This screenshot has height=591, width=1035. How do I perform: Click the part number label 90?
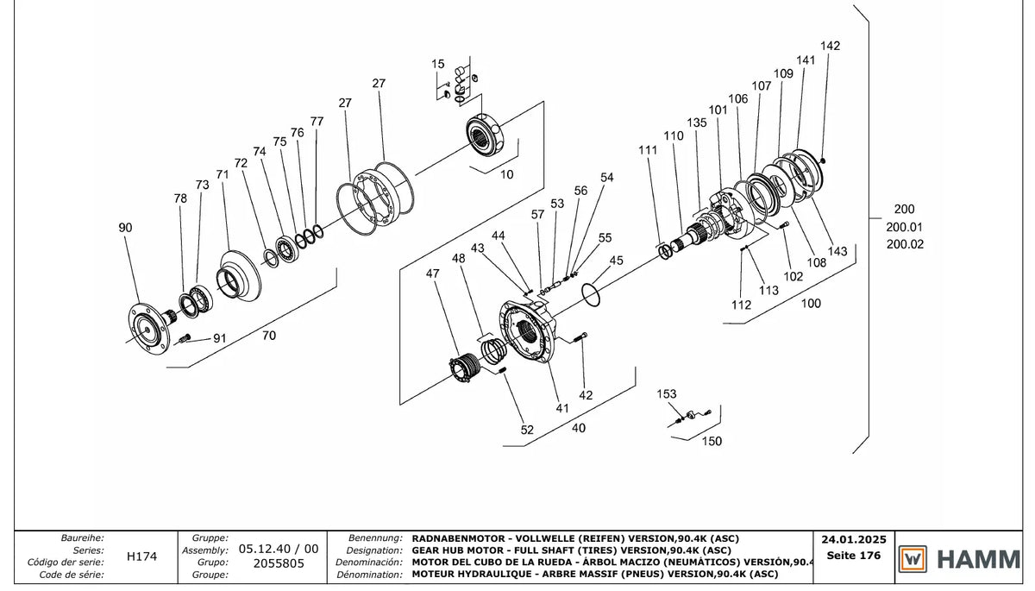[x=125, y=228]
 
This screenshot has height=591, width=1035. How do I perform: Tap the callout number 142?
[x=830, y=46]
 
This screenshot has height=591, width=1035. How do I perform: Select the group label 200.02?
[x=905, y=244]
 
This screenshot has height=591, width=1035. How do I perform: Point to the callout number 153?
[x=666, y=393]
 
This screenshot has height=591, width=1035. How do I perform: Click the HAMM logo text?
[x=979, y=559]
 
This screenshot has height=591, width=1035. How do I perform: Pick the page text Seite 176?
[x=854, y=555]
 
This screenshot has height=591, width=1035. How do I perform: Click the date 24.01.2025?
[x=854, y=540]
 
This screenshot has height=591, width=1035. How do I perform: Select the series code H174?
[x=141, y=556]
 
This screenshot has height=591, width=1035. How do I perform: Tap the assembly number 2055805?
[x=279, y=563]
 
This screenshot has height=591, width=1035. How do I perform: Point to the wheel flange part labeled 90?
[x=147, y=329]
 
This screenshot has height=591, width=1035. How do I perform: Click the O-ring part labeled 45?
[x=591, y=295]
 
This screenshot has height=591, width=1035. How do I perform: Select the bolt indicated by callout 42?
[x=580, y=338]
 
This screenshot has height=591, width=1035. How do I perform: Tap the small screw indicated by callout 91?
[x=185, y=338]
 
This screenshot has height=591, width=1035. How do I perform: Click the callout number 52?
[x=527, y=430]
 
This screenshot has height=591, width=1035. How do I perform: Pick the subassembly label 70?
[x=269, y=336]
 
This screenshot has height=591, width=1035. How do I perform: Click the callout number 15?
[x=437, y=64]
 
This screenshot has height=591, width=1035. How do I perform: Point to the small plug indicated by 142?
[x=823, y=160]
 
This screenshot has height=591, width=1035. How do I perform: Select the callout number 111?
[x=648, y=150]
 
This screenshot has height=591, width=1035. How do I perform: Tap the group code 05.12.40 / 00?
[x=279, y=549]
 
